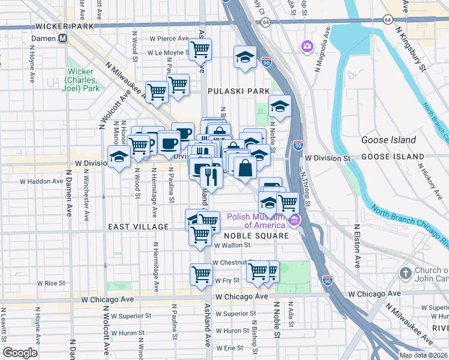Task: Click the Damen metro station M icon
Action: click(62, 38)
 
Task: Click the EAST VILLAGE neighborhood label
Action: click(138, 227)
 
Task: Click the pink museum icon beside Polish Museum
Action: click(294, 221)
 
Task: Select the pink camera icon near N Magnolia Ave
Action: click(307, 46)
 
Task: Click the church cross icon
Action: click(406, 273)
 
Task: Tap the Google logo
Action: click(20, 353)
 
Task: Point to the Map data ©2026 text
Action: click(422, 355)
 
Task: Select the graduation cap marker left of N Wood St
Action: click(119, 157)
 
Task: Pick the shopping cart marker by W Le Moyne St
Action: click(200, 49)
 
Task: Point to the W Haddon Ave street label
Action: click(41, 181)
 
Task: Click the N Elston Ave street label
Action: click(357, 245)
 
